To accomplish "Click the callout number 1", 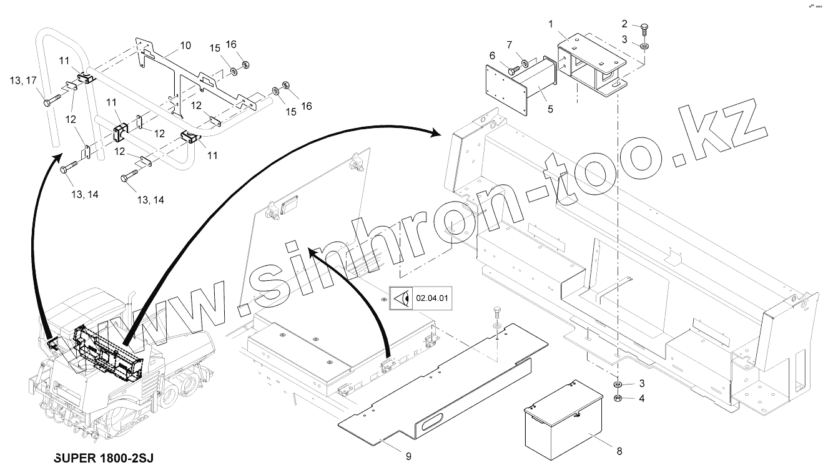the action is (550, 24).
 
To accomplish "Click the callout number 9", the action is (408, 456).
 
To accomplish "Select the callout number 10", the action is (185, 45).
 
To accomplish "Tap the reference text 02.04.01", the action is (432, 298).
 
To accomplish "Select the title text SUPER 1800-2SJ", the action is (103, 458).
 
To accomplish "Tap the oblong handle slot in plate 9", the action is (431, 424).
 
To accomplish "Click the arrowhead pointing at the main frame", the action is (436, 132).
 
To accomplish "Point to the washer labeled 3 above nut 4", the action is (617, 384).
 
